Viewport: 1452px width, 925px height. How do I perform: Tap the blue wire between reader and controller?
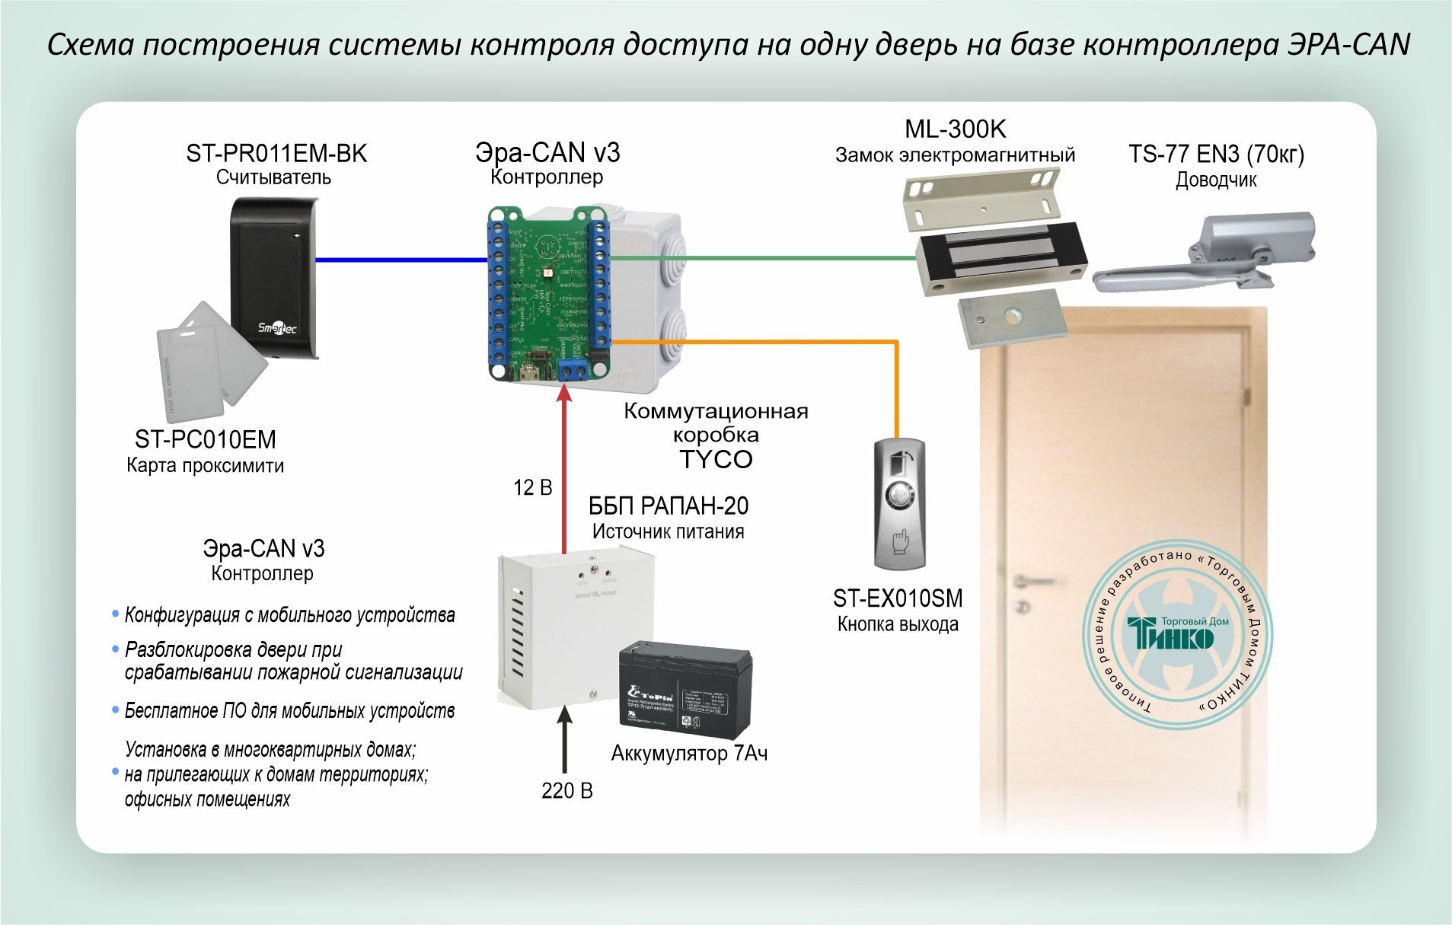click(400, 260)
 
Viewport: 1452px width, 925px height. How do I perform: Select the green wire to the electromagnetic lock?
click(761, 258)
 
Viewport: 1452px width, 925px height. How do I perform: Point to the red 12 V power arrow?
click(564, 472)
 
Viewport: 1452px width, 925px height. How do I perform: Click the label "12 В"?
click(532, 488)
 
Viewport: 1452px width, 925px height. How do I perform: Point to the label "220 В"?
click(566, 791)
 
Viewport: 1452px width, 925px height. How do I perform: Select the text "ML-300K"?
click(955, 129)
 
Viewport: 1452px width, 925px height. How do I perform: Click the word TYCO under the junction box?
click(716, 460)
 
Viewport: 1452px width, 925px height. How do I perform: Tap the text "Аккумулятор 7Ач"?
click(689, 754)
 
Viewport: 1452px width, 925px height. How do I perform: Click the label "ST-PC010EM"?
click(205, 439)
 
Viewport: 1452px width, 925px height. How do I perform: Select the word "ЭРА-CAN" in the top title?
click(1348, 45)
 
